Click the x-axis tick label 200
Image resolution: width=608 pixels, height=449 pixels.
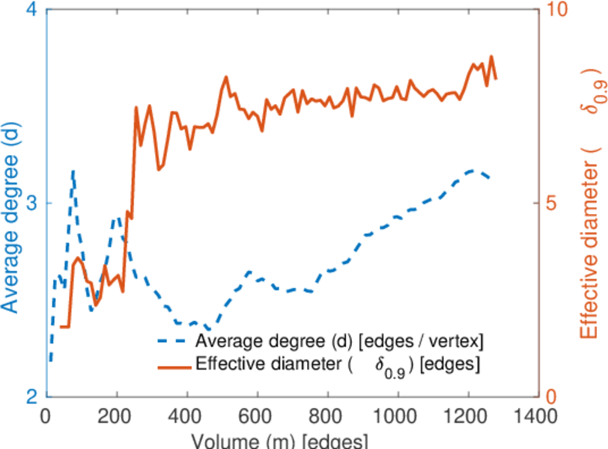[x=117, y=416]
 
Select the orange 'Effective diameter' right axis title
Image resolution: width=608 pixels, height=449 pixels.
[x=592, y=217]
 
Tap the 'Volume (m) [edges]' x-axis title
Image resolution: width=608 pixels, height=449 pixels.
[x=279, y=439]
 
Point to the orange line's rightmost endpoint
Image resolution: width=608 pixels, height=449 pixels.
[x=496, y=78]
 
